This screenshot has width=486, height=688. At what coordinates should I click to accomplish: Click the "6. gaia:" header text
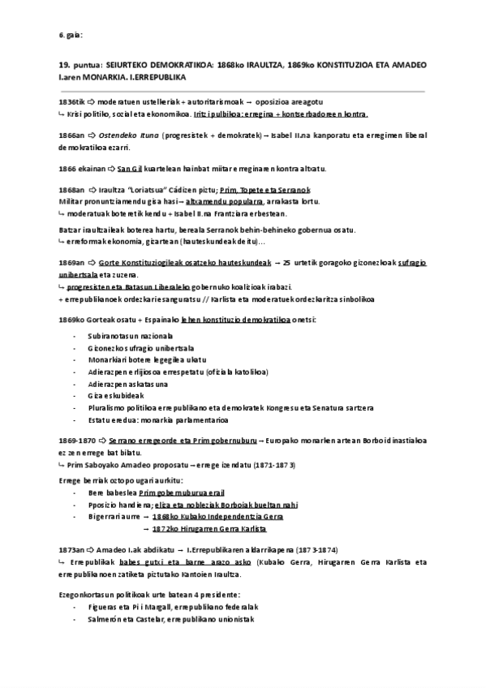click(71, 35)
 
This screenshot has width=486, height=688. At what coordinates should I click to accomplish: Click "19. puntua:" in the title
click(77, 64)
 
